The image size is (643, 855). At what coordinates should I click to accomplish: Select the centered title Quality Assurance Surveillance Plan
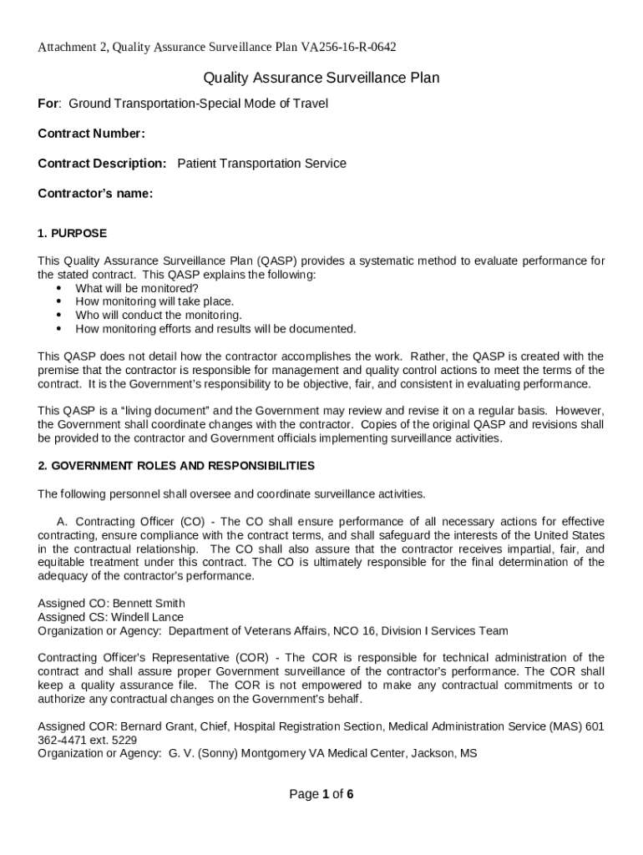321,78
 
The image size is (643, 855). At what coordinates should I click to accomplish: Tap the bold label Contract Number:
92,134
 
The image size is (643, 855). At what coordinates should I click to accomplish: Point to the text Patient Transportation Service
261,164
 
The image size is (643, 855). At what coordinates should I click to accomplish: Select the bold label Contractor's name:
95,194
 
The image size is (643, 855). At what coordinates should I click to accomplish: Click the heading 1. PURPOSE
72,233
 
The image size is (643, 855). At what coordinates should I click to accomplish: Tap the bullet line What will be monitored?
137,288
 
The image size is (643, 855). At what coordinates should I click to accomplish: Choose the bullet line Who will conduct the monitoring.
159,315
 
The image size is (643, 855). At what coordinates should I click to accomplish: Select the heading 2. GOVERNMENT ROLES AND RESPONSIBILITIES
176,465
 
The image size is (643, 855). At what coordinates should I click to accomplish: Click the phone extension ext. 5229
115,740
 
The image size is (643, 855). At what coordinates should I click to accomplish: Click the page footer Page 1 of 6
321,794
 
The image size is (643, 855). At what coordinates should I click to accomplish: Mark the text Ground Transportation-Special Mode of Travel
198,104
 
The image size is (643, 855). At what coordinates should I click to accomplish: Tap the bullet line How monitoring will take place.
154,301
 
